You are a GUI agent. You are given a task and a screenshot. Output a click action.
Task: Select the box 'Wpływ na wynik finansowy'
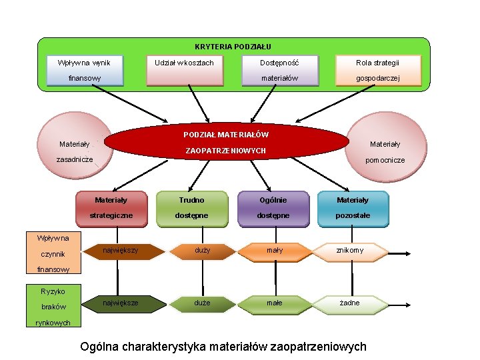coord(85,70)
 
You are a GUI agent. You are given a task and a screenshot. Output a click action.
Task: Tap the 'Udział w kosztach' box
coord(184,70)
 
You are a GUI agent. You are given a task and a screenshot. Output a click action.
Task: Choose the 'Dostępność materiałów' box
coord(279,70)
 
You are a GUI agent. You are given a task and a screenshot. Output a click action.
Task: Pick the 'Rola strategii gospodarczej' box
coord(377,70)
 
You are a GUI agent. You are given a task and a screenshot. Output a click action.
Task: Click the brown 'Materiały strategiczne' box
coord(111,207)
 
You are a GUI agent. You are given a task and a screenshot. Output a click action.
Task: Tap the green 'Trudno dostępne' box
coord(191,207)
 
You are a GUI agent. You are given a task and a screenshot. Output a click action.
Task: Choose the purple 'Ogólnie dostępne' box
coord(273,207)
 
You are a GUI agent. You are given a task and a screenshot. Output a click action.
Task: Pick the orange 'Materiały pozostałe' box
coord(352,207)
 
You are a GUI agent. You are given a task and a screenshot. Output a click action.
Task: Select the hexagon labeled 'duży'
coord(201,251)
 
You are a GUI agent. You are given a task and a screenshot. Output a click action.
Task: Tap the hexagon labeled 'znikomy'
coord(350,251)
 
